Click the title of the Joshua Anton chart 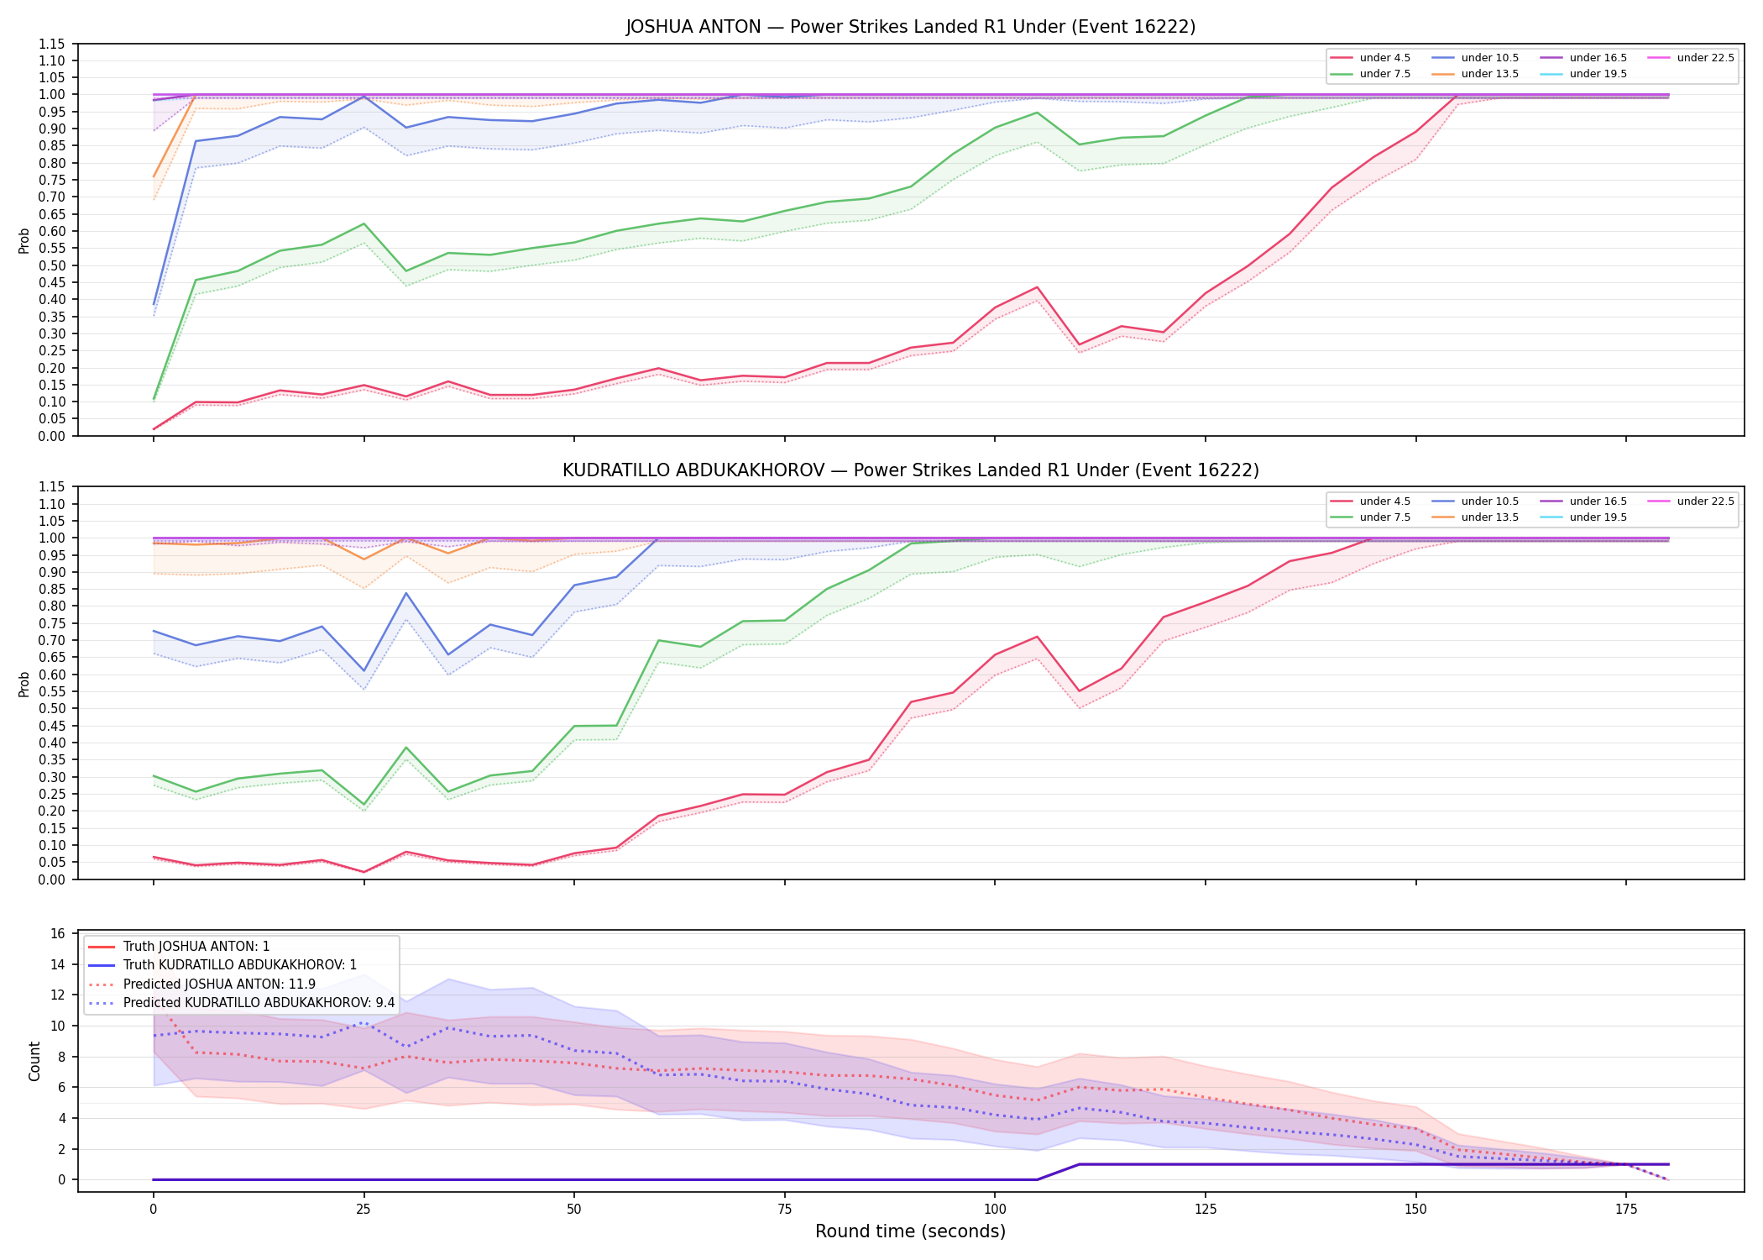[911, 27]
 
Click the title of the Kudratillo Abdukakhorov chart [911, 470]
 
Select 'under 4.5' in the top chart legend [1385, 58]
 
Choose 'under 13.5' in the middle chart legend [1490, 517]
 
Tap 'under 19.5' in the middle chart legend [1598, 517]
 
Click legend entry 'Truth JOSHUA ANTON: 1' [196, 947]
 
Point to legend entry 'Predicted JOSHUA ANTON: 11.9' [219, 984]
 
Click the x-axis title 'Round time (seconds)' [911, 1231]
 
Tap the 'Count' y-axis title [34, 1061]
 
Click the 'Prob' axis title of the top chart [24, 241]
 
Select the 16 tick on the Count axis [59, 934]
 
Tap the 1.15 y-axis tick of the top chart [53, 44]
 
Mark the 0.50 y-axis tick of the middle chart [53, 709]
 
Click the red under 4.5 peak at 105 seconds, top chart [1037, 287]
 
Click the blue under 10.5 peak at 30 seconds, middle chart [406, 593]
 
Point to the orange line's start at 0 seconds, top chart [154, 177]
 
